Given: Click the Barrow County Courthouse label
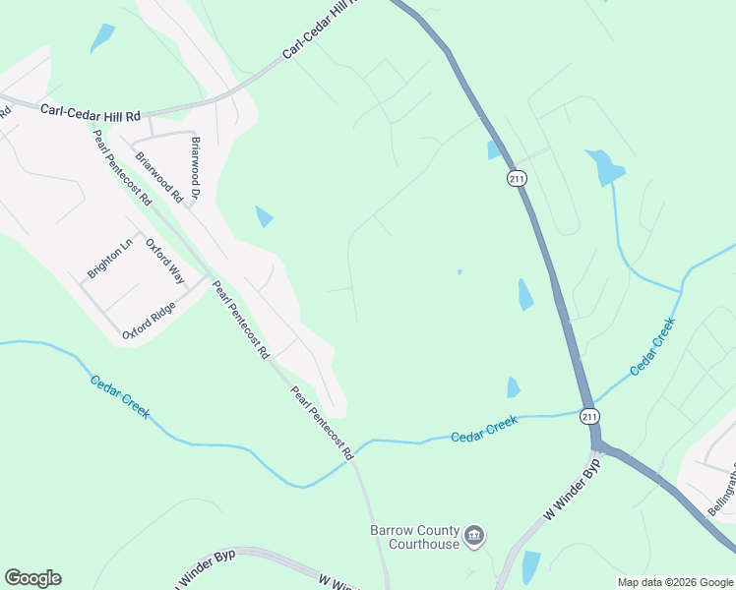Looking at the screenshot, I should (414, 537).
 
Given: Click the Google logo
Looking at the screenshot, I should (32, 578).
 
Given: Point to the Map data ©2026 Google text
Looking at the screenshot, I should (675, 582).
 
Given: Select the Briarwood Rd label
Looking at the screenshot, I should (159, 177).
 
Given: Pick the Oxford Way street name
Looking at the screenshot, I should (165, 261).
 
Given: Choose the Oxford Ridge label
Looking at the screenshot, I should (149, 321).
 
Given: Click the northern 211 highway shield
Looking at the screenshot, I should (517, 179).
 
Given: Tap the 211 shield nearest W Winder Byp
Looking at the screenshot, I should (587, 415).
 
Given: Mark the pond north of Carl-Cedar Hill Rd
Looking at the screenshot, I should (102, 38).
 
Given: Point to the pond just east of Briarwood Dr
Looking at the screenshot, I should (264, 216).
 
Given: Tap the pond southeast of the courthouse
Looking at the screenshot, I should (530, 565).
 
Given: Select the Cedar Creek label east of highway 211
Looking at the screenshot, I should (653, 345).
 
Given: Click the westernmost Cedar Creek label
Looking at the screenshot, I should (120, 396).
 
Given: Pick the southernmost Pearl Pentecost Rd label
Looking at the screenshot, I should (321, 424).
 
